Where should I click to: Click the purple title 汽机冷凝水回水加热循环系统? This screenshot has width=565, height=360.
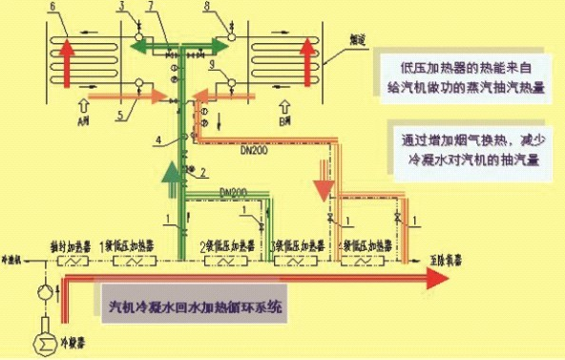click(x=196, y=308)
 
